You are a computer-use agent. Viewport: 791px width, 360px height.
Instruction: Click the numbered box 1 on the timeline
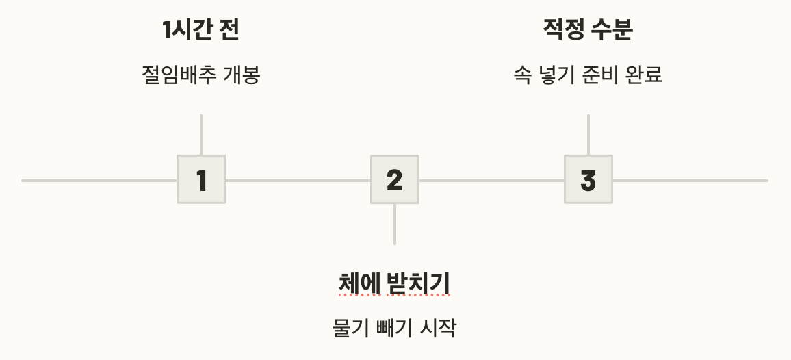click(x=201, y=180)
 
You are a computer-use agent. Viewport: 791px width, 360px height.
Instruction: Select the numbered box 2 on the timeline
click(x=395, y=180)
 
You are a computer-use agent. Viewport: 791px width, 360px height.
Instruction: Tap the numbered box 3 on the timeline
click(x=588, y=180)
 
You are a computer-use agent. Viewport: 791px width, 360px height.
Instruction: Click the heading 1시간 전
click(x=201, y=29)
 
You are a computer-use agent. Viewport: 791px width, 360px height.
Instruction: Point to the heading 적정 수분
click(x=588, y=29)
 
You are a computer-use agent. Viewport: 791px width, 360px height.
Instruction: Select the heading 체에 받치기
click(x=395, y=282)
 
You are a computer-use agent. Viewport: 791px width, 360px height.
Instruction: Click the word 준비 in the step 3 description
click(x=597, y=74)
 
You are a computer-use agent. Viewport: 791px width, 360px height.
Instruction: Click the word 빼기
click(x=395, y=328)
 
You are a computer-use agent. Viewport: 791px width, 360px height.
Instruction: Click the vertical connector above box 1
click(x=201, y=135)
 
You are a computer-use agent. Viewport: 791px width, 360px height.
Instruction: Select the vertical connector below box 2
click(x=395, y=224)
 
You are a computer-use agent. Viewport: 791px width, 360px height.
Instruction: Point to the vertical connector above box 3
click(x=588, y=135)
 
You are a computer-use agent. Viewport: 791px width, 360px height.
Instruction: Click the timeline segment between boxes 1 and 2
click(x=298, y=181)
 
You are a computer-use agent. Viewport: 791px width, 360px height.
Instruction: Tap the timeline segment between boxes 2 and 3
click(x=491, y=181)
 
